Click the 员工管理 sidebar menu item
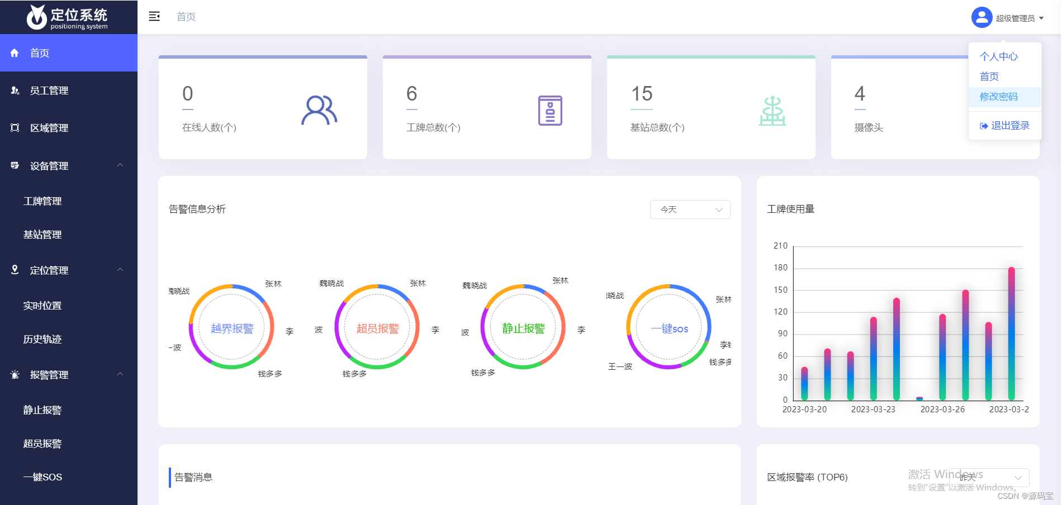coord(49,90)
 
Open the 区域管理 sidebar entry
coord(49,128)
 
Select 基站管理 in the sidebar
coord(42,235)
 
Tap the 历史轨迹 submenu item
coord(42,339)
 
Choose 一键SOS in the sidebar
coord(42,477)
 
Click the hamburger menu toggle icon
coord(154,17)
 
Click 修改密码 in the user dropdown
coord(998,97)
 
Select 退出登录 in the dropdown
coord(1005,126)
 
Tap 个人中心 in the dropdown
coord(998,56)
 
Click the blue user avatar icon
coord(982,17)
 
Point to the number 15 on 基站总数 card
coord(642,93)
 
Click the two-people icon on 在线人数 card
coord(319,110)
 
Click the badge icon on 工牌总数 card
coord(550,110)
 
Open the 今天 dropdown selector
coord(690,209)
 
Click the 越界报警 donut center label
coord(232,328)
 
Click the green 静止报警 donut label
coord(523,328)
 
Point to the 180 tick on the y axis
coord(780,268)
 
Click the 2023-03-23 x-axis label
coord(873,409)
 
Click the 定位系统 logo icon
coord(37,17)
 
